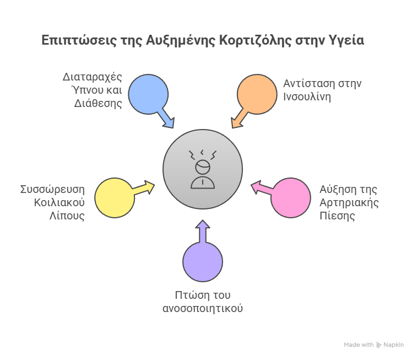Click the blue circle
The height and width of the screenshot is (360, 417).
(x=148, y=94)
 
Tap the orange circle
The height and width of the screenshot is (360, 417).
(x=257, y=94)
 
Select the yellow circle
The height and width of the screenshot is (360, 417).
(x=115, y=198)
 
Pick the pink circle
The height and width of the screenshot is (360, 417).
(x=290, y=198)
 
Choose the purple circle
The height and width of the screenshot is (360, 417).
(x=203, y=261)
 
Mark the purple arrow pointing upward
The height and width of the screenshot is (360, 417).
(x=203, y=232)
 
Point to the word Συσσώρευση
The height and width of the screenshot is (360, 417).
(x=52, y=190)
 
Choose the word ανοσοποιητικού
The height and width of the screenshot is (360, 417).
(x=203, y=308)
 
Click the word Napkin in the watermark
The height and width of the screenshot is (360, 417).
(x=394, y=345)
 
